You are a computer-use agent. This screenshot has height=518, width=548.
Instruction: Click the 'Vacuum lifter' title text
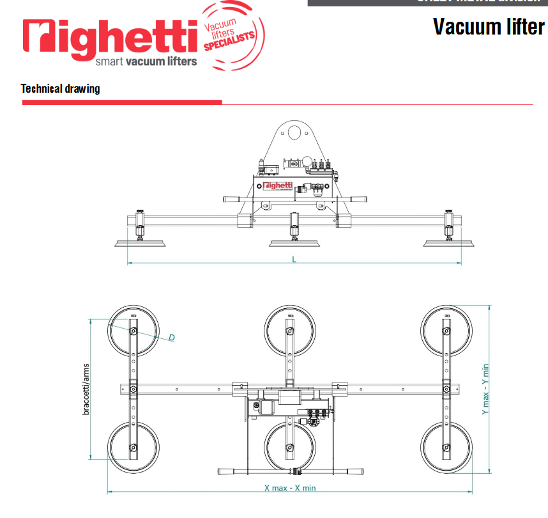pyautogui.click(x=489, y=27)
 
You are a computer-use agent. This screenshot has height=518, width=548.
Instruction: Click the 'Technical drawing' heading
pyautogui.click(x=61, y=88)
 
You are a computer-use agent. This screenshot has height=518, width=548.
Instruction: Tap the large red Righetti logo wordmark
pyautogui.click(x=110, y=37)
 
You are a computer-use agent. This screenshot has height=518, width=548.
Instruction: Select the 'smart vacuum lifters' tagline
pyautogui.click(x=146, y=62)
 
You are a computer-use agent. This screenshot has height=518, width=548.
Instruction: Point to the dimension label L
pyautogui.click(x=294, y=259)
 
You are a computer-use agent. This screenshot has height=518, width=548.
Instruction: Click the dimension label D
pyautogui.click(x=172, y=337)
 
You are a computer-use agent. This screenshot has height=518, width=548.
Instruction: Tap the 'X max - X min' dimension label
pyautogui.click(x=290, y=487)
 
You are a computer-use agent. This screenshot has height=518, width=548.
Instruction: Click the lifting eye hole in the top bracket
pyautogui.click(x=294, y=134)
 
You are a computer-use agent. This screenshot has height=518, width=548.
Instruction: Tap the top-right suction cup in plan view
pyautogui.click(x=446, y=330)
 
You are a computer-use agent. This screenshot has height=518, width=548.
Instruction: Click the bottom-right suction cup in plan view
pyautogui.click(x=446, y=446)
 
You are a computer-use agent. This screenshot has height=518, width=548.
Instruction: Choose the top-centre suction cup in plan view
pyautogui.click(x=290, y=330)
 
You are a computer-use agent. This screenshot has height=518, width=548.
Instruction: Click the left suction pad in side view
pyautogui.click(x=141, y=242)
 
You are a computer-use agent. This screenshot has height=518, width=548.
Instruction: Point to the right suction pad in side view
pyautogui.click(x=449, y=242)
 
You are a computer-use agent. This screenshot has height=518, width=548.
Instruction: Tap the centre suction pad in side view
pyautogui.click(x=294, y=242)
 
